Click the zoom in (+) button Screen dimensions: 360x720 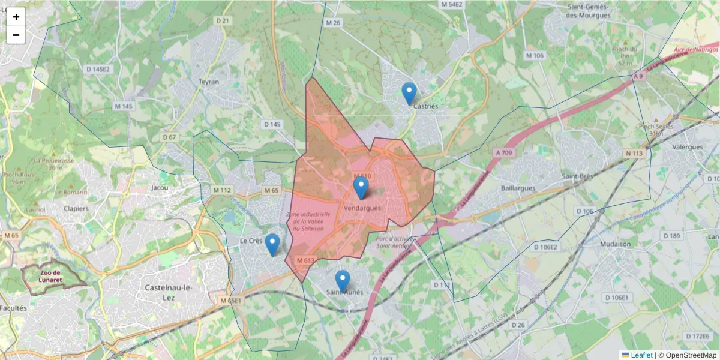pyautogui.click(x=16, y=17)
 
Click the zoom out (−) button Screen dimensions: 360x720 pyautogui.click(x=16, y=35)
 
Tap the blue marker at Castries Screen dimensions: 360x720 pyautogui.click(x=409, y=94)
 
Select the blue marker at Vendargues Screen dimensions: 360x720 pyautogui.click(x=361, y=188)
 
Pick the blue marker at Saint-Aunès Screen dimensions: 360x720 pyautogui.click(x=343, y=281)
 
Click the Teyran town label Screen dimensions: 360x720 pyautogui.click(x=209, y=82)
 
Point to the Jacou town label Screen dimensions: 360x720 pyautogui.click(x=160, y=187)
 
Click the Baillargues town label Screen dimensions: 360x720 pyautogui.click(x=520, y=188)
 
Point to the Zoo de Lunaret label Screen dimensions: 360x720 pyautogui.click(x=53, y=275)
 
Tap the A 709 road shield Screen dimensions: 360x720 pyautogui.click(x=506, y=153)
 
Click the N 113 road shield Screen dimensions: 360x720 pyautogui.click(x=634, y=154)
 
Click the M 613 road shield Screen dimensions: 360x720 pyautogui.click(x=305, y=260)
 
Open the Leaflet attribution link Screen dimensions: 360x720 pyautogui.click(x=641, y=355)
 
